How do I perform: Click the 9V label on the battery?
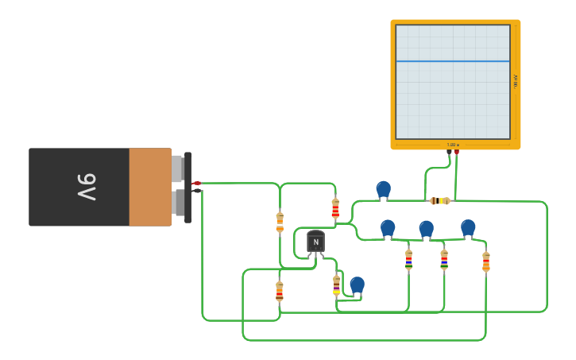(x=87, y=187)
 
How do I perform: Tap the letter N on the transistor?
(x=316, y=242)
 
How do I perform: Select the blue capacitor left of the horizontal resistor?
(x=384, y=189)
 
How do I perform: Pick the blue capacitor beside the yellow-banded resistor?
(x=358, y=285)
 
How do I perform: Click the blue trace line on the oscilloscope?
(x=453, y=61)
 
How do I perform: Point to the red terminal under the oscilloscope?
(x=456, y=152)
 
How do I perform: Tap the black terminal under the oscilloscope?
(x=449, y=152)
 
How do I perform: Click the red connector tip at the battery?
(x=198, y=183)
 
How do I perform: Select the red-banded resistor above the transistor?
(x=335, y=209)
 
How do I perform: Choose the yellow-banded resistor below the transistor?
(x=337, y=285)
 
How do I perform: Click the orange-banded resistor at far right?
(x=486, y=261)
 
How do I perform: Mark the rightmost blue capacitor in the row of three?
(x=468, y=228)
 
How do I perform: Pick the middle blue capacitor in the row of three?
(x=427, y=229)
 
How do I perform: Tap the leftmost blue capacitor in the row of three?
(x=388, y=229)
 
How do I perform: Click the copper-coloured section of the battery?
(x=150, y=187)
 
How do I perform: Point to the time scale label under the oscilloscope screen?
(x=453, y=145)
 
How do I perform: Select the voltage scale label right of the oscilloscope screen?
(x=516, y=81)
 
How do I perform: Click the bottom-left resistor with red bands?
(x=280, y=292)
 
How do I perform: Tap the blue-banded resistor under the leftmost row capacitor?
(x=409, y=259)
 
